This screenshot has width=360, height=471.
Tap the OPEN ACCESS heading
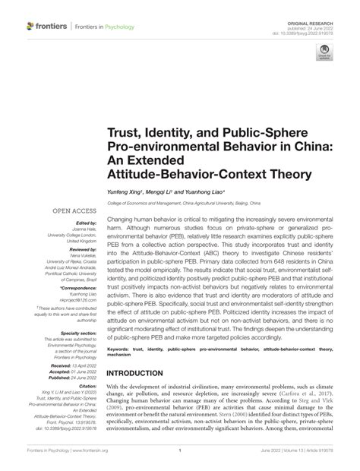[x=72, y=210]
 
